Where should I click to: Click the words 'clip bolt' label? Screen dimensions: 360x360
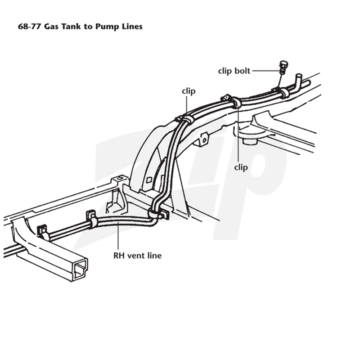pos(234,71)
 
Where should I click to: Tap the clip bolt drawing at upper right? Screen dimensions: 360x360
pos(283,67)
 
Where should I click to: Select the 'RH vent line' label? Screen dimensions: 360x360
pos(138,256)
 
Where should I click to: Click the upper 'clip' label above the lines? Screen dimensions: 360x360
pos(189,91)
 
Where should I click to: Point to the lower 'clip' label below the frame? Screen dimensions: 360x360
pos(241,167)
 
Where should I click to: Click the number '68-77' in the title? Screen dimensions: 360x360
pos(30,27)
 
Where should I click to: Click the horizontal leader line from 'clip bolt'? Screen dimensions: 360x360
pos(266,71)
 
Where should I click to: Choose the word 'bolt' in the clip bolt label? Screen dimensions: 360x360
pos(242,71)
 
